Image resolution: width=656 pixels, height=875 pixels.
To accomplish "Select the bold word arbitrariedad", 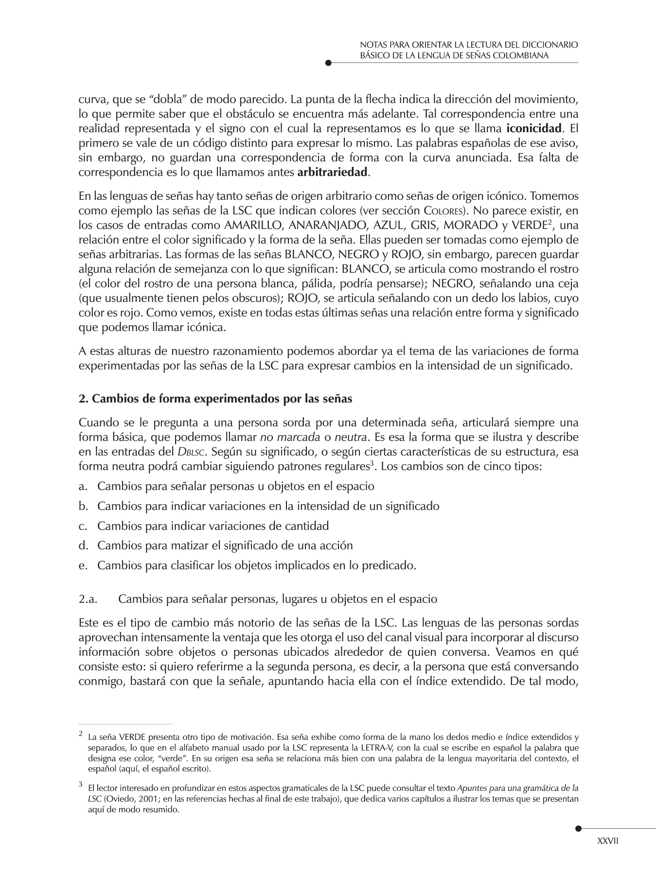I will (x=333, y=173).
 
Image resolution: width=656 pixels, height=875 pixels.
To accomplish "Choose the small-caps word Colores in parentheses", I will (x=442, y=211).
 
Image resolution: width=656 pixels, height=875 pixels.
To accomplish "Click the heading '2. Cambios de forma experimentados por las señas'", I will (x=215, y=399).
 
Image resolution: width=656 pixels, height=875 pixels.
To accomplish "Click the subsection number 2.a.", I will (x=88, y=599).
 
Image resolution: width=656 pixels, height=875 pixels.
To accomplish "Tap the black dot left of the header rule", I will (x=328, y=63).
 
